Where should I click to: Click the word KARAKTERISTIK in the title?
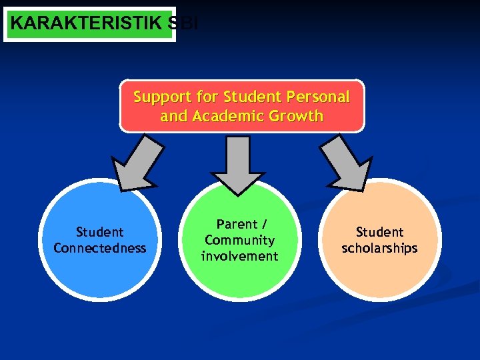point(86,23)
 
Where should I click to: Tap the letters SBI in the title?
point(183,23)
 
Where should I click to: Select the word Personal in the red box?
point(318,97)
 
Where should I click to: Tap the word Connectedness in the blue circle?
point(100,248)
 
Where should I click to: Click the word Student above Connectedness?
point(100,232)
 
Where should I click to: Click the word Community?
point(240,240)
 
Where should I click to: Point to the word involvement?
point(240,256)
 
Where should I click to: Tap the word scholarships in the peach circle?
point(379,248)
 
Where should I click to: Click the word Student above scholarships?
point(379,232)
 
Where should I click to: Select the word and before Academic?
point(173,116)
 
